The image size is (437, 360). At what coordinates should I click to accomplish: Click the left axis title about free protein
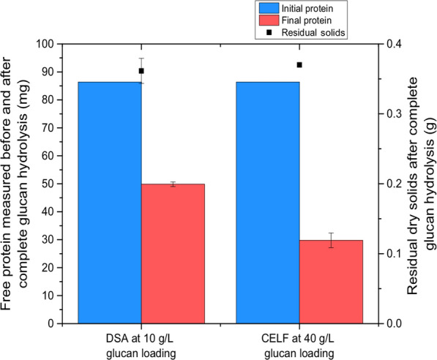18,183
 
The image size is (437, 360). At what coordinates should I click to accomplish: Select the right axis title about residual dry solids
422,183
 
